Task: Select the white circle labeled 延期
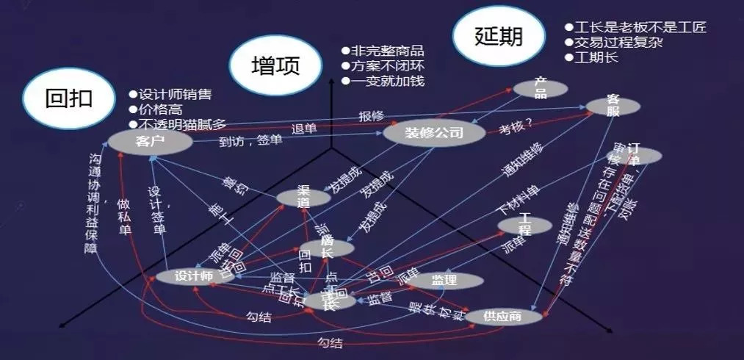tap(499, 37)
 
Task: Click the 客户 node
tap(145, 140)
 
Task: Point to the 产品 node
tap(541, 87)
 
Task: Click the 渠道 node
tap(304, 197)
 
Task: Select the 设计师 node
tap(194, 277)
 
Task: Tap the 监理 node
tap(446, 280)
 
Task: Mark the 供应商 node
tap(503, 317)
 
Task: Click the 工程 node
tap(524, 225)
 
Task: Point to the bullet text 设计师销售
tap(175, 93)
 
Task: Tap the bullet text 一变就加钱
tap(388, 81)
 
